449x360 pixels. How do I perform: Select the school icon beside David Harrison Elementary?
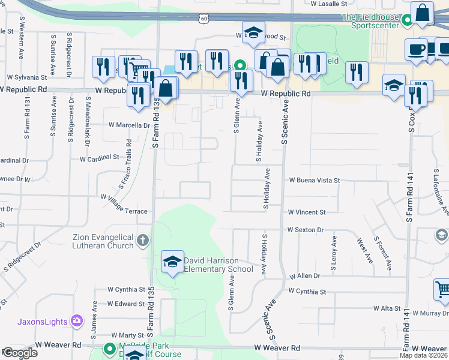click(172, 262)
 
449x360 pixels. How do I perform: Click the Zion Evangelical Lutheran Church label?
click(103, 241)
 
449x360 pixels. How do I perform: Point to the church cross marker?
click(142, 241)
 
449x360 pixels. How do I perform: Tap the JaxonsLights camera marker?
click(77, 320)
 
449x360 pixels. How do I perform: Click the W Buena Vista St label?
click(313, 180)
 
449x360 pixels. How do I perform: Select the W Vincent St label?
click(306, 212)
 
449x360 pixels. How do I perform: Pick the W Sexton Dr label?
click(306, 230)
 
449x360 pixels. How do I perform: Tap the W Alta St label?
click(387, 308)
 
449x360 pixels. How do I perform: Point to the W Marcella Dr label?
click(128, 125)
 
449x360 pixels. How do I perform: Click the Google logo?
click(19, 353)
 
